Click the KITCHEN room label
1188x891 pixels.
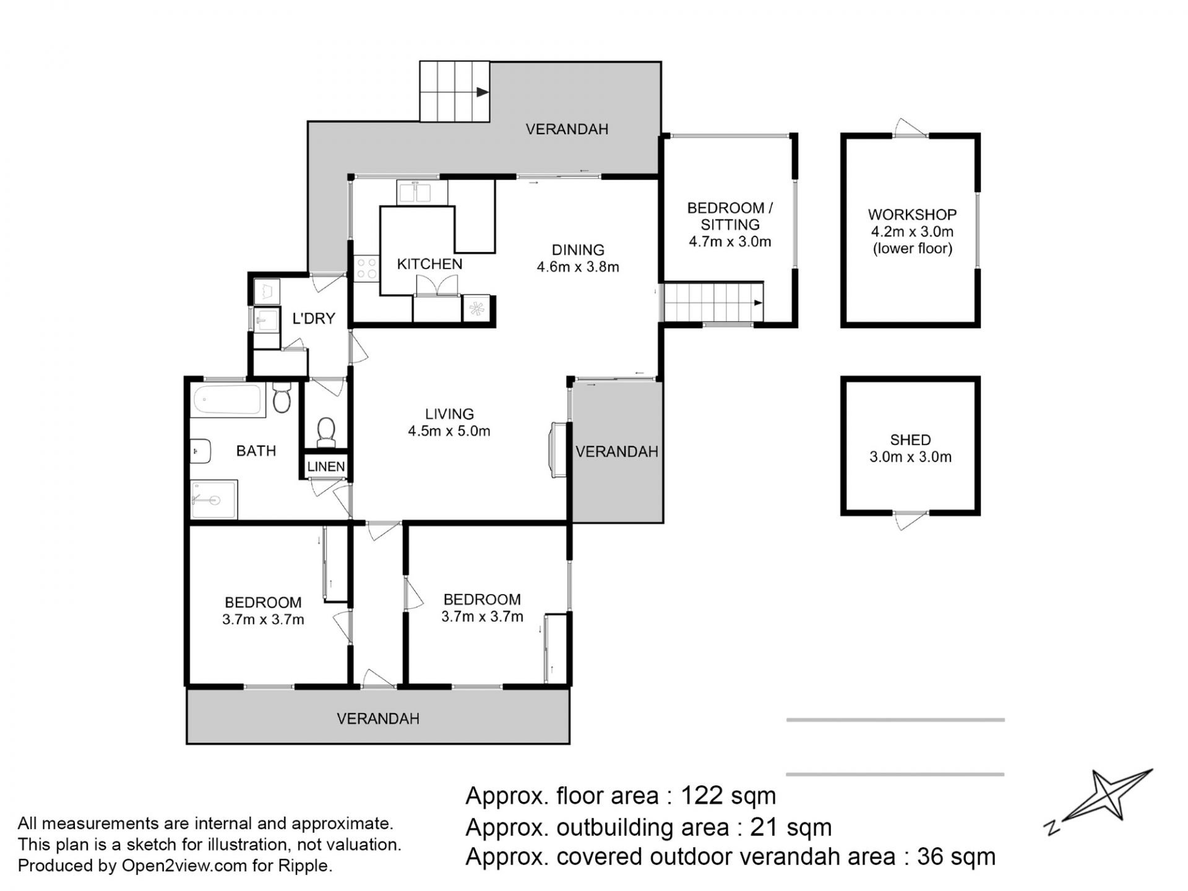pyautogui.click(x=429, y=264)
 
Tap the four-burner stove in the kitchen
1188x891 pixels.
pyautogui.click(x=366, y=270)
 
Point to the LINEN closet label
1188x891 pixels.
pyautogui.click(x=326, y=467)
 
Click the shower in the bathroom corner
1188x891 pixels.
pyautogui.click(x=213, y=499)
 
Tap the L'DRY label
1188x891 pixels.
pyautogui.click(x=314, y=319)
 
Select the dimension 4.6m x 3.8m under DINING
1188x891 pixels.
pyautogui.click(x=578, y=267)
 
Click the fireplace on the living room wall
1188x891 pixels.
pyautogui.click(x=558, y=450)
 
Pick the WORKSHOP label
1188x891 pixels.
pyautogui.click(x=912, y=215)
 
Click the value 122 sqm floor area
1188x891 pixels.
pyautogui.click(x=728, y=796)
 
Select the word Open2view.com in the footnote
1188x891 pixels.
pyautogui.click(x=184, y=866)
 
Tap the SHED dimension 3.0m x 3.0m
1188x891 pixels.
pyautogui.click(x=910, y=457)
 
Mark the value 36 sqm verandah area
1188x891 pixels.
pyautogui.click(x=956, y=857)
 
